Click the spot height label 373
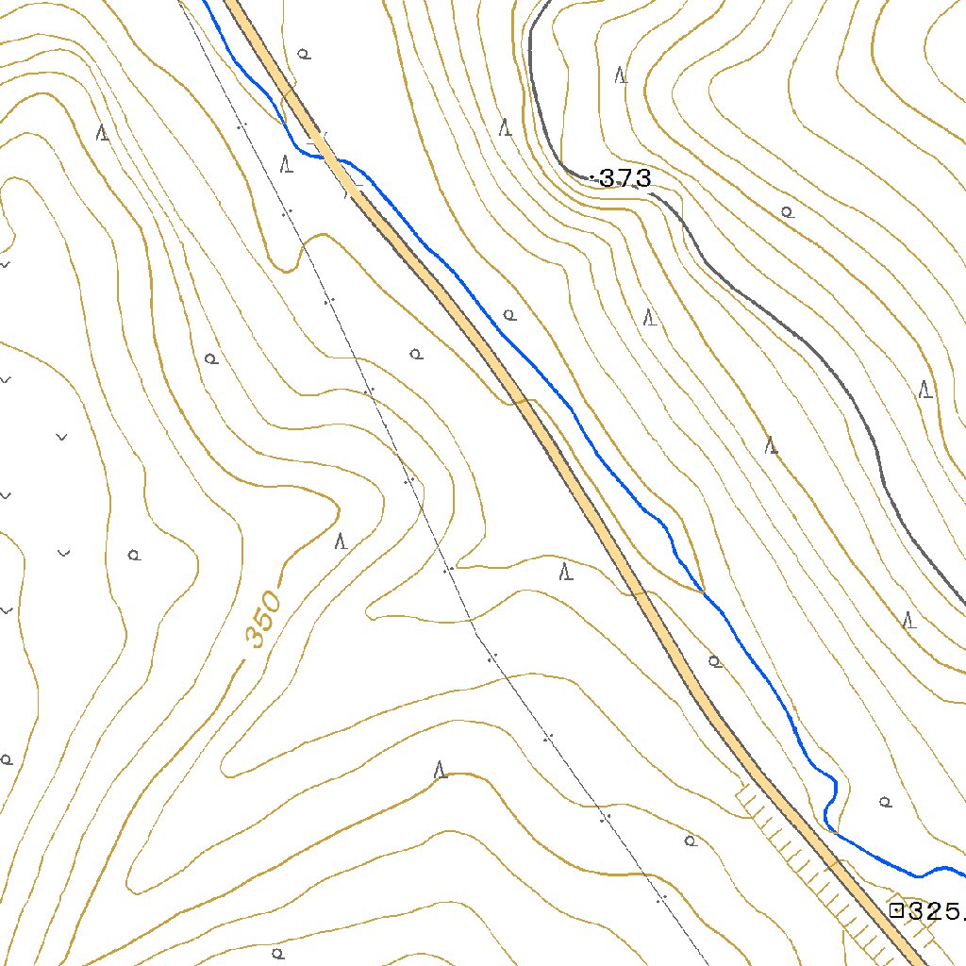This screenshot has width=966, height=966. pos(625,177)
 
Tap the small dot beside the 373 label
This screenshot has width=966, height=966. pos(591,177)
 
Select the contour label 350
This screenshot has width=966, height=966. pos(262,618)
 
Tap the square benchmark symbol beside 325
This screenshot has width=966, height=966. pos(896,910)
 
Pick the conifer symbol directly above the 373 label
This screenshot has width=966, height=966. pos(621,75)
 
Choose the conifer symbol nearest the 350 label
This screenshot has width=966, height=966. pos(341,541)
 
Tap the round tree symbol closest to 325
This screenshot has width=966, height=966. pos(885,802)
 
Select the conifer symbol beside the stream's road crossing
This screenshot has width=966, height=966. pos(287,163)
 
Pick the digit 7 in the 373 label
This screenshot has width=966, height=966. pos(625,177)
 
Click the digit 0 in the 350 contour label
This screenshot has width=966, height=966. pos(272,600)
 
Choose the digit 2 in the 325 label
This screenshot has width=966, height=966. pos(935,911)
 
